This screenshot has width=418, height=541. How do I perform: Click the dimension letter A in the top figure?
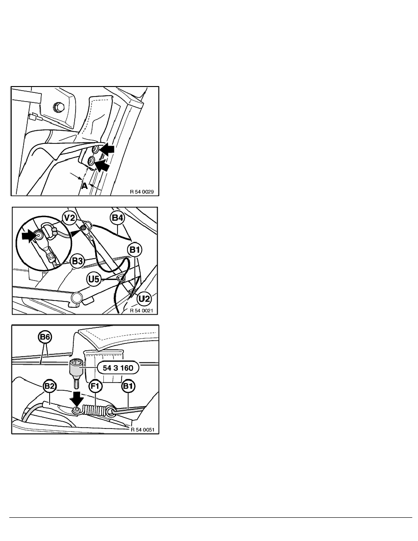(x=84, y=186)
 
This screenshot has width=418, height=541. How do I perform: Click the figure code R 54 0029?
(x=142, y=191)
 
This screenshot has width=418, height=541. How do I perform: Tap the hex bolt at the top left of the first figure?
(x=58, y=106)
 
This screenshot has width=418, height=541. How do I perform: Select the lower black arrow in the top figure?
(x=102, y=166)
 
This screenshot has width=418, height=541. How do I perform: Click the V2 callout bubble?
(x=70, y=217)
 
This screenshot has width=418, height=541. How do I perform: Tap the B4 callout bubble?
(x=117, y=218)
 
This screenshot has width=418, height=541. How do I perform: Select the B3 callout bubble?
(x=77, y=261)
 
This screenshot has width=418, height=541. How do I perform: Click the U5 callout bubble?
(x=93, y=279)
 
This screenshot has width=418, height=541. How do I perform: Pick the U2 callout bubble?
(x=144, y=298)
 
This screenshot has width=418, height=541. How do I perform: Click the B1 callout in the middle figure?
(x=134, y=250)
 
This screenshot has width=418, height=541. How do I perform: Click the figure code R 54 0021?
(x=142, y=311)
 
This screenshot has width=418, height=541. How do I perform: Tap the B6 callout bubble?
(x=45, y=337)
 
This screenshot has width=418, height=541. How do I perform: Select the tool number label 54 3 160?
(x=118, y=368)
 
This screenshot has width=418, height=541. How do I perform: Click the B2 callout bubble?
(x=49, y=386)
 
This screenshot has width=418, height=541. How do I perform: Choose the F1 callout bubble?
(x=95, y=386)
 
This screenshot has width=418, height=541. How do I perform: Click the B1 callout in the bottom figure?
(x=128, y=386)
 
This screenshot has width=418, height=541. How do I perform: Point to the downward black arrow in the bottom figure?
(x=76, y=398)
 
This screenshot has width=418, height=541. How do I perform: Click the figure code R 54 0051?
(x=143, y=430)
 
